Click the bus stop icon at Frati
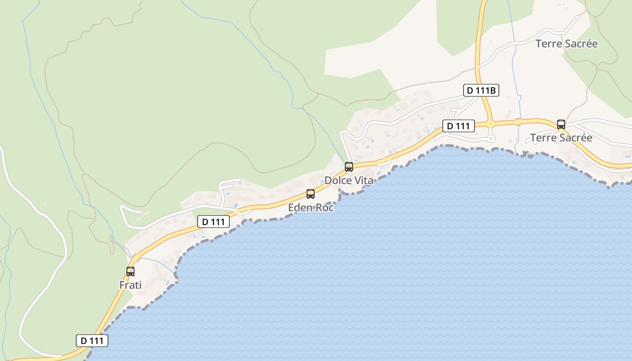[x=130, y=271]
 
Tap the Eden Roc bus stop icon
[x=311, y=194]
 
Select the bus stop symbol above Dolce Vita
[x=349, y=167]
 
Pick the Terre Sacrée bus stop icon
[x=561, y=125]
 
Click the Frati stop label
[x=130, y=285]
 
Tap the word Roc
[x=325, y=208]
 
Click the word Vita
[x=364, y=180]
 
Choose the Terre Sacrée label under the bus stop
[x=561, y=138]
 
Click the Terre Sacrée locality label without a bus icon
[x=567, y=44]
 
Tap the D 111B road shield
[x=481, y=91]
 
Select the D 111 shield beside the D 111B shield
[x=459, y=126]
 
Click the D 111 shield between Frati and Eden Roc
[x=214, y=222]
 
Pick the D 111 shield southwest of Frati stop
[x=92, y=341]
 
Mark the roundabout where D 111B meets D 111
[x=491, y=123]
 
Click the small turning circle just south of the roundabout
[x=491, y=139]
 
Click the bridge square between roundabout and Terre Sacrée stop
[x=518, y=122]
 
